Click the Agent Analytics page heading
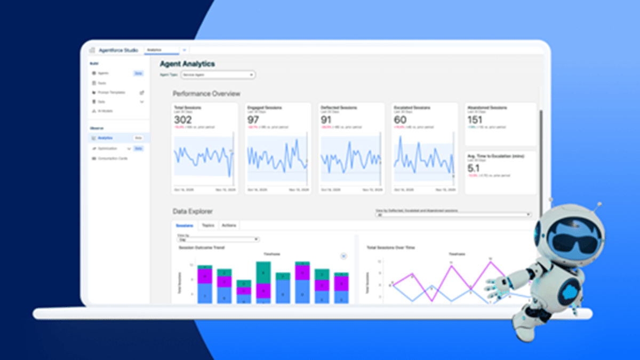tap(187, 64)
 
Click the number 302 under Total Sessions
tap(183, 120)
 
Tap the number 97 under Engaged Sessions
tap(253, 120)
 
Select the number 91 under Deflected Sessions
tap(326, 120)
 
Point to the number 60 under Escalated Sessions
tap(400, 120)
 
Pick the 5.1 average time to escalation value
tap(473, 168)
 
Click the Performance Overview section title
tap(206, 94)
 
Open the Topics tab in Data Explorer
tap(208, 226)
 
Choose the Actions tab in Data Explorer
tap(229, 226)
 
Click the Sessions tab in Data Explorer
tap(185, 226)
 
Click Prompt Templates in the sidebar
tap(111, 92)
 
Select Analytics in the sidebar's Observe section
tap(106, 138)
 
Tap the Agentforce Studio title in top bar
tap(118, 50)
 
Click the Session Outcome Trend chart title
tap(201, 247)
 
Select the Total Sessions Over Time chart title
tap(391, 247)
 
